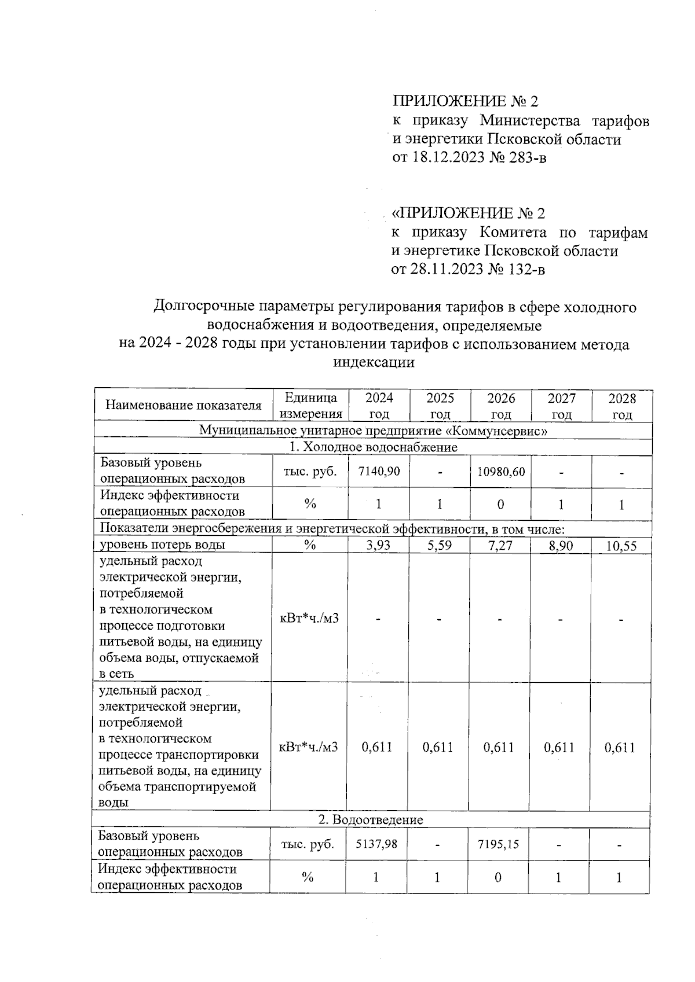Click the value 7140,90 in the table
[x=379, y=471]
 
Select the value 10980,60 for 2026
[x=501, y=471]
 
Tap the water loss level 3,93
[x=378, y=545]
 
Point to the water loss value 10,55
[x=621, y=545]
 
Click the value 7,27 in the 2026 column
[x=500, y=545]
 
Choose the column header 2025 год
[x=440, y=406]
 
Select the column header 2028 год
[x=622, y=406]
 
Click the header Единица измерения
[x=310, y=406]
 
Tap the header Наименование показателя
[x=184, y=406]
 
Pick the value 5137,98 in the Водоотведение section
[x=376, y=844]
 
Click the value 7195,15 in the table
[x=499, y=844]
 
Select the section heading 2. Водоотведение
[x=371, y=819]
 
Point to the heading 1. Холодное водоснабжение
[x=373, y=447]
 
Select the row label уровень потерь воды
[x=163, y=545]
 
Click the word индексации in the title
[x=374, y=363]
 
